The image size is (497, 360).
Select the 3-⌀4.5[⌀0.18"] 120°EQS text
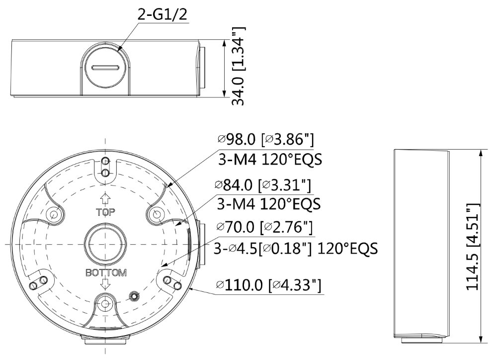tap(295, 248)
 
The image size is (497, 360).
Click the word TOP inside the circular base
tap(105, 212)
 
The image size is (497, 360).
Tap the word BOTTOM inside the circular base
tap(106, 273)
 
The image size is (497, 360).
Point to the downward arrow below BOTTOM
tap(105, 284)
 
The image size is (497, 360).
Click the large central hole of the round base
tap(105, 244)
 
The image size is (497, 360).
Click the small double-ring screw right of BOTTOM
tap(133, 296)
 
